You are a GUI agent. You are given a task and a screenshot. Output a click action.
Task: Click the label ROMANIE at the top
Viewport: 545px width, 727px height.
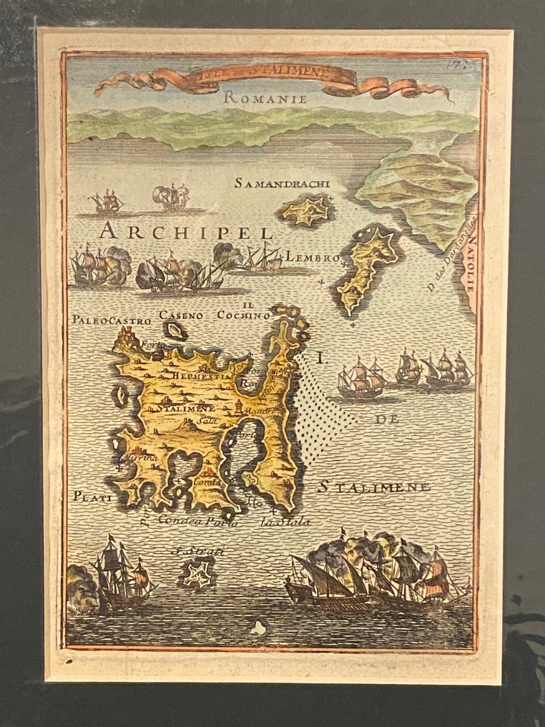coord(265,99)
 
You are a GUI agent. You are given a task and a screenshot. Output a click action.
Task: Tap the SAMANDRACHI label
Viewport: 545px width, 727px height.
coord(282,184)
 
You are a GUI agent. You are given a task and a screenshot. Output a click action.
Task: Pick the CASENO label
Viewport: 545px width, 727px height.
coord(181,315)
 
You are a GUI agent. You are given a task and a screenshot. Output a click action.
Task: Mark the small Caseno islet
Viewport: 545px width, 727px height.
coord(175,331)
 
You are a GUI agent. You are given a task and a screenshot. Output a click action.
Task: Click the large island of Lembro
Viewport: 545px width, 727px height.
coord(366,268)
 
